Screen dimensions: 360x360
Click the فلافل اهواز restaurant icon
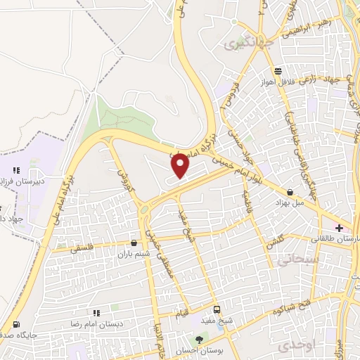(x=279, y=71)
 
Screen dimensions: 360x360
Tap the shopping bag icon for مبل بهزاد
(x=290, y=192)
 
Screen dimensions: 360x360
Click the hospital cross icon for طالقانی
(x=340, y=228)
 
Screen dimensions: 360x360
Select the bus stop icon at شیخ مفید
(x=217, y=309)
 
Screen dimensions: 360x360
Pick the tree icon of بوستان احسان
(x=199, y=340)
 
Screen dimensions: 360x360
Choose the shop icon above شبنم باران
(x=134, y=243)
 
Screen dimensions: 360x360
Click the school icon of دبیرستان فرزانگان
(x=16, y=169)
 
